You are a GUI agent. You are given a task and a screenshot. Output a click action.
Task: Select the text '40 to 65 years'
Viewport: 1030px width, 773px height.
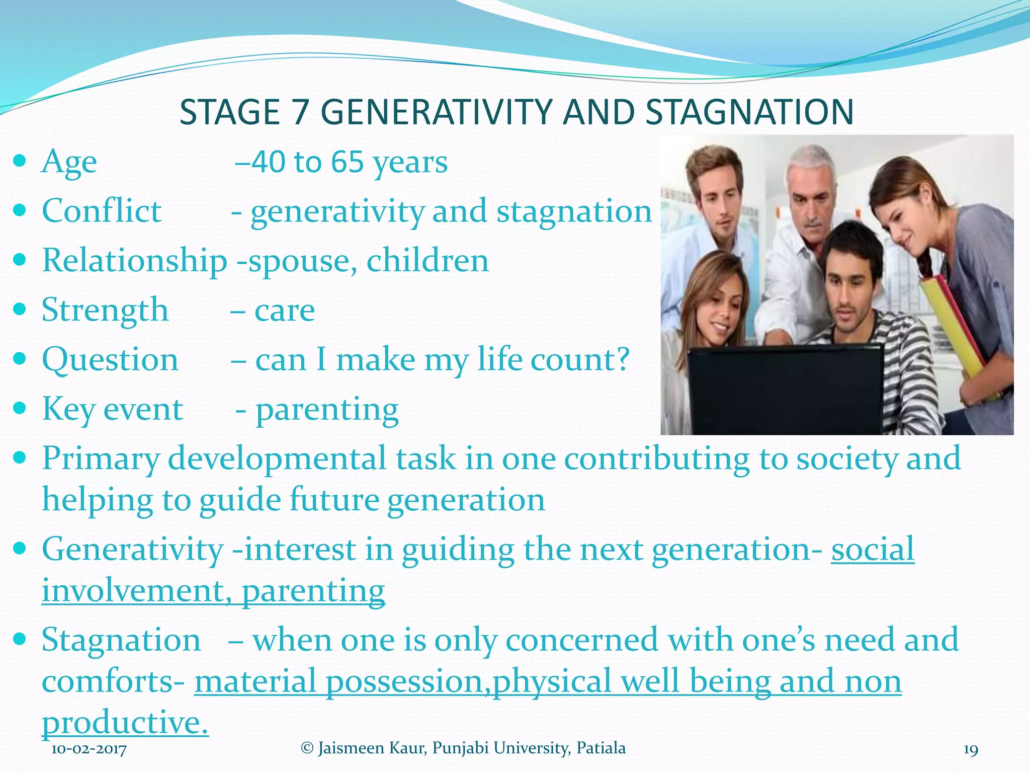tap(349, 162)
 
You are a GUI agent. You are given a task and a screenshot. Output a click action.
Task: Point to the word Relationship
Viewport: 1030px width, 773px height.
tap(134, 260)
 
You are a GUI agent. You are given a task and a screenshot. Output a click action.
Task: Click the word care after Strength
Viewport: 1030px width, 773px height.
tap(285, 310)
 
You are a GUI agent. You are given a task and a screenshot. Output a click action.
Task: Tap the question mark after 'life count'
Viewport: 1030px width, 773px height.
tap(623, 359)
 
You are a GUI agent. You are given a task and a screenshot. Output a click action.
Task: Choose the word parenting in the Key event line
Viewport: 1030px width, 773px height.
tap(327, 410)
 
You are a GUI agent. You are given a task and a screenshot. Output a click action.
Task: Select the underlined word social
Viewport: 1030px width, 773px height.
tap(872, 549)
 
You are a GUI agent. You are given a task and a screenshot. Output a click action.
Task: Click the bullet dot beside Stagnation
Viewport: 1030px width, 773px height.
tap(20, 640)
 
